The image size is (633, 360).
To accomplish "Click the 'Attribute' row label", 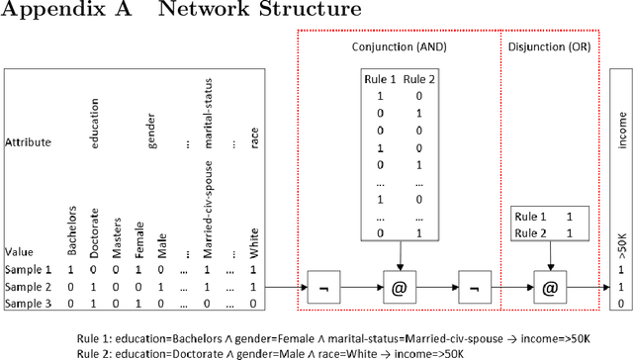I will tap(27, 142).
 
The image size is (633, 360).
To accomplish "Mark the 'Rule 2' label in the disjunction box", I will tap(531, 233).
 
